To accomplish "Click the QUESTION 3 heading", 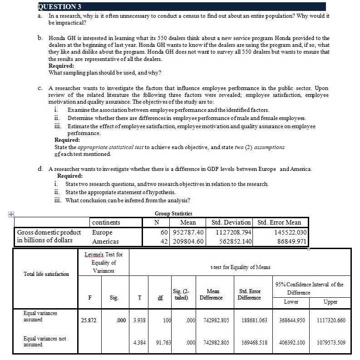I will pyautogui.click(x=59, y=6).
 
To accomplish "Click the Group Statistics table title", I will pyautogui.click(x=173, y=213).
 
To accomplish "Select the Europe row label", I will pyautogui.click(x=102, y=232).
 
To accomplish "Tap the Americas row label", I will pyautogui.click(x=105, y=241).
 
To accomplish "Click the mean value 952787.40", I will pyautogui.click(x=187, y=232).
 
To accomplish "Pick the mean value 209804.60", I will pyautogui.click(x=187, y=241).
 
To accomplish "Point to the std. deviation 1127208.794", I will pyautogui.click(x=231, y=232).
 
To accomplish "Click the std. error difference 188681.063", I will pyautogui.click(x=249, y=320).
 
